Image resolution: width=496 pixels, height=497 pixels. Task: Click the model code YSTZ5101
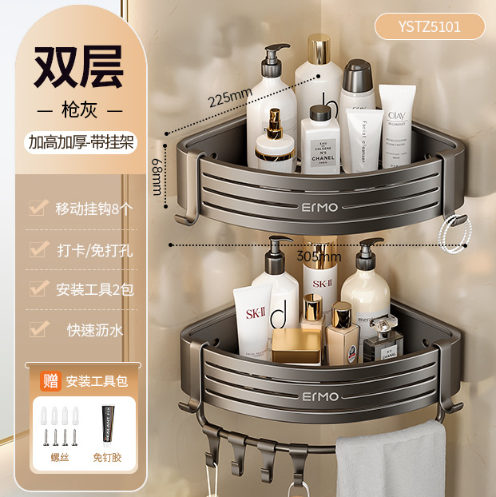pyautogui.click(x=429, y=26)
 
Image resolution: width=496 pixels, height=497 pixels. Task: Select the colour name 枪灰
pyautogui.click(x=78, y=109)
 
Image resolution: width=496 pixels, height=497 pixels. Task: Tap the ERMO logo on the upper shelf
pyautogui.click(x=319, y=208)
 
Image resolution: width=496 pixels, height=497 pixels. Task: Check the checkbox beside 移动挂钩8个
pyautogui.click(x=37, y=209)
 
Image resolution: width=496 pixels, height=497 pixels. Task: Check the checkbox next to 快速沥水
pyautogui.click(x=37, y=328)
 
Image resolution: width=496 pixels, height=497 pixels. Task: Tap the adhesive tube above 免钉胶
pyautogui.click(x=105, y=423)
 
